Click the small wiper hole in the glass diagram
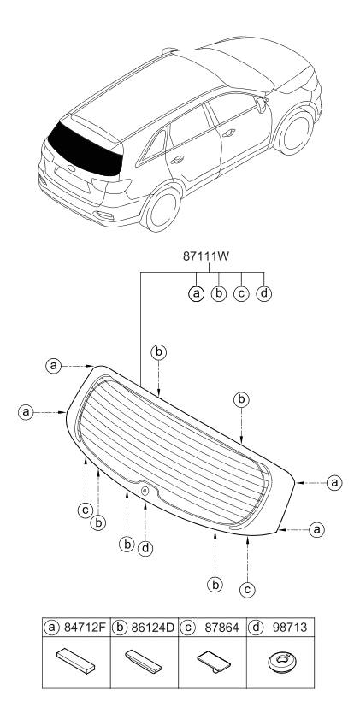click(145, 490)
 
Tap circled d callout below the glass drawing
click(146, 547)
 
